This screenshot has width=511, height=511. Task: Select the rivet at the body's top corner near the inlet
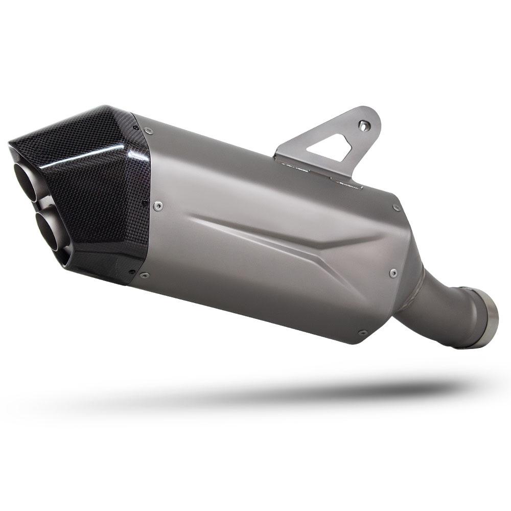click(396, 207)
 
